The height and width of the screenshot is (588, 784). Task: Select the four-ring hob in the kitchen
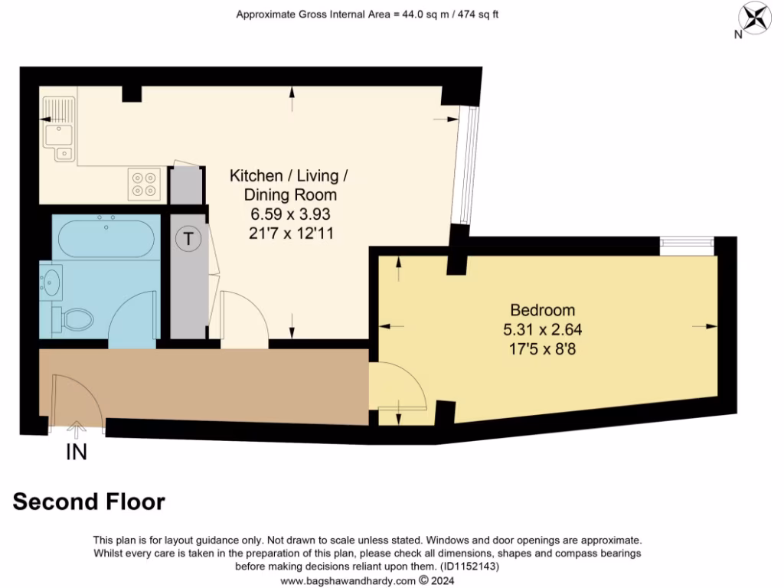pyautogui.click(x=144, y=184)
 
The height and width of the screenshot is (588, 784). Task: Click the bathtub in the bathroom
pyautogui.click(x=106, y=237)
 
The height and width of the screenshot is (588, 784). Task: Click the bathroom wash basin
pyautogui.click(x=51, y=282)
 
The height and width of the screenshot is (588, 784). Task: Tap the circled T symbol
pyautogui.click(x=188, y=238)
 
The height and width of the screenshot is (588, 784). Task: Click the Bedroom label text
pyautogui.click(x=542, y=310)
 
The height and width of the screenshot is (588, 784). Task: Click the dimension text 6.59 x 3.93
pyautogui.click(x=289, y=214)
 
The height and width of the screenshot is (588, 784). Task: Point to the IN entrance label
pyautogui.click(x=76, y=452)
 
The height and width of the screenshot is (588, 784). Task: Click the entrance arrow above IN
pyautogui.click(x=76, y=430)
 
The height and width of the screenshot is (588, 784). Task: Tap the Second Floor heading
pyautogui.click(x=89, y=501)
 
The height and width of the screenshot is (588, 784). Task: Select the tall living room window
pyautogui.click(x=468, y=165)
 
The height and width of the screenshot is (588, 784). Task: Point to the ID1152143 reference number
pyautogui.click(x=469, y=567)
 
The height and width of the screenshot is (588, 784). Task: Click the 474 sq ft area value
pyautogui.click(x=475, y=14)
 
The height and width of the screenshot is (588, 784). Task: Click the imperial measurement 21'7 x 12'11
pyautogui.click(x=289, y=234)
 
